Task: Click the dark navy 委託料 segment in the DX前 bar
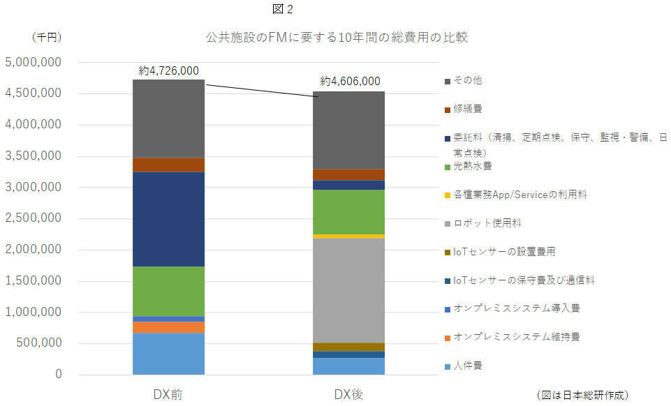[x=168, y=219]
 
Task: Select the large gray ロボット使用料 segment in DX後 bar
[x=348, y=290]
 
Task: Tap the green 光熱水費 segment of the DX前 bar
[x=168, y=291]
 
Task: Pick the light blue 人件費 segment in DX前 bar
[x=168, y=354]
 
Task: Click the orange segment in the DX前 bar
[x=168, y=327]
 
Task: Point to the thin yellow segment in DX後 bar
[x=348, y=236]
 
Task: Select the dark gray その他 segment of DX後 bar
[x=348, y=130]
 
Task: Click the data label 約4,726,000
[x=168, y=70]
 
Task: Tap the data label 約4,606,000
[x=350, y=81]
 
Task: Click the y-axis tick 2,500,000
[x=34, y=218]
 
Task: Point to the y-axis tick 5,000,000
[x=34, y=62]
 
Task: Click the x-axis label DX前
[x=168, y=394]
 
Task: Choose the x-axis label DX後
[x=348, y=394]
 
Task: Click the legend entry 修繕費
[x=467, y=110]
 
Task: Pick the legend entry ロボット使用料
[x=487, y=223]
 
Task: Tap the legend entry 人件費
[x=467, y=366]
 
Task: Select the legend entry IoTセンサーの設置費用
[x=504, y=252]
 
